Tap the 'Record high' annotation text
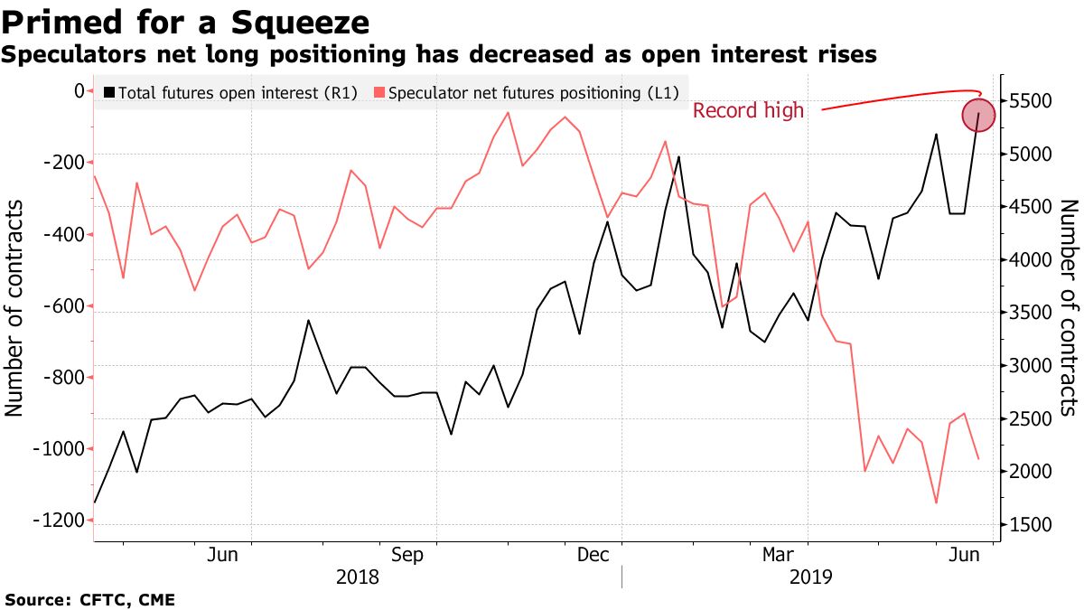click(748, 111)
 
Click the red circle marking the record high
click(978, 115)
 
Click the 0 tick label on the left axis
click(79, 91)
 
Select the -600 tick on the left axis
click(61, 306)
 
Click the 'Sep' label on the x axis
click(407, 554)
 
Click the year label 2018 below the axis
click(358, 577)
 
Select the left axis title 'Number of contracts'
click(14, 307)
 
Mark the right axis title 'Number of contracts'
click(1068, 307)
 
